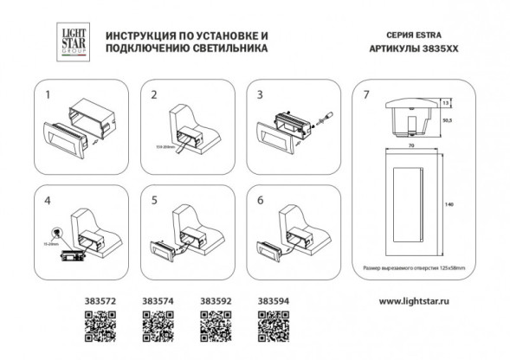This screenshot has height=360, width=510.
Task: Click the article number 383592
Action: click(214, 302)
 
